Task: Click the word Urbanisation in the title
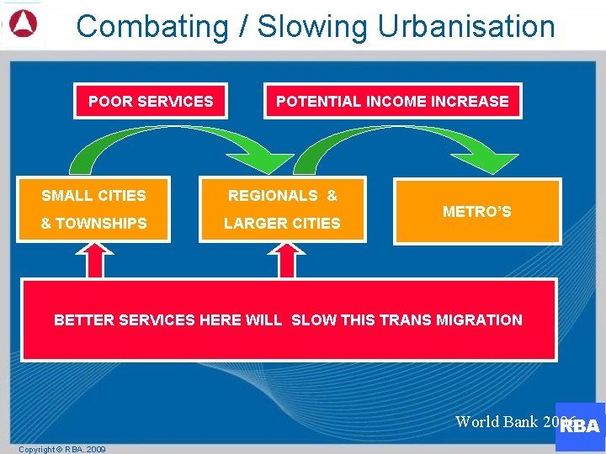[x=465, y=27]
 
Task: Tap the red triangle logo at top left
[x=23, y=25]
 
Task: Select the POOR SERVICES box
[x=151, y=102]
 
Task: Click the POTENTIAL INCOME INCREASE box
[x=392, y=102]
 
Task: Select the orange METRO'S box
[x=476, y=212]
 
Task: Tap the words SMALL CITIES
[x=93, y=196]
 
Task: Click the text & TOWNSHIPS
[x=93, y=224]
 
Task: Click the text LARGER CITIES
[x=282, y=224]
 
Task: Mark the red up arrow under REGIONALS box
[x=286, y=260]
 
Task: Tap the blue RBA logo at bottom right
[x=582, y=427]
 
